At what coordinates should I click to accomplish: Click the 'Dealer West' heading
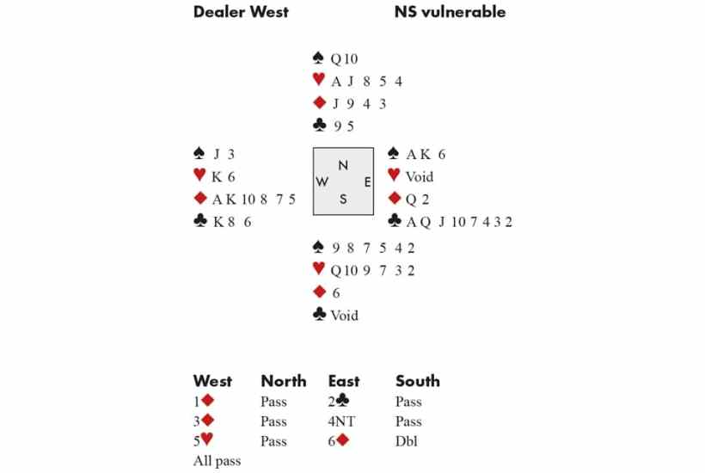coord(241,12)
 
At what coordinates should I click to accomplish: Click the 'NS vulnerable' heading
coord(450,12)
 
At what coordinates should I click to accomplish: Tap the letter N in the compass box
coord(343,165)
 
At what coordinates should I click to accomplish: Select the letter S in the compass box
coord(343,200)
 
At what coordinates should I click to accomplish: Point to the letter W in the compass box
coord(322,181)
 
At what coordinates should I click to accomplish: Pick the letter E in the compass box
coord(367,182)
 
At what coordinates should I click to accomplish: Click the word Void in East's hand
coord(420,176)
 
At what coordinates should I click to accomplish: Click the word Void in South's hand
coord(345,315)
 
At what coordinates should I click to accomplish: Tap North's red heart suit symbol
coord(319,80)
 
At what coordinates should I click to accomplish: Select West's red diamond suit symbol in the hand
coord(200,198)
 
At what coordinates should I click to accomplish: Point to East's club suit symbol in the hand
coord(395,220)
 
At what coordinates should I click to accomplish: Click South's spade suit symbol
coord(318,247)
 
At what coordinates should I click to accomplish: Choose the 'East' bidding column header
coord(344,381)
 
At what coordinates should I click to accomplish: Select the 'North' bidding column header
coord(284,381)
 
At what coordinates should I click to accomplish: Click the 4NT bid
coord(341,421)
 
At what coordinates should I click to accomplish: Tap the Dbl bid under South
coord(407,441)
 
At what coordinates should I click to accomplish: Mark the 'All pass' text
coord(218,461)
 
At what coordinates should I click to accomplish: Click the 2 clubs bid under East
coord(339,401)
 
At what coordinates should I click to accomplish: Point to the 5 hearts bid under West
coord(203,440)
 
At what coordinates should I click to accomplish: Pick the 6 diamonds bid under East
coord(339,440)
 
